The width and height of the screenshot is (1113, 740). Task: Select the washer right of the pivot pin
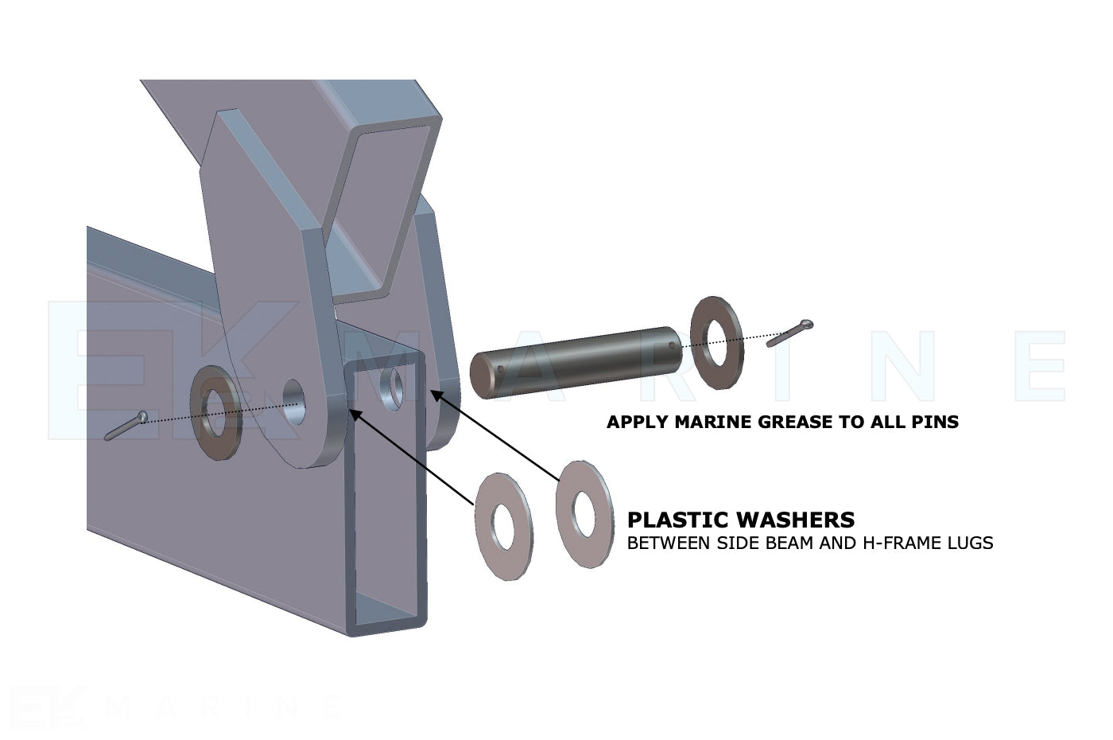click(716, 343)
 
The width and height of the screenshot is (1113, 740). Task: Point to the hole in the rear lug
click(391, 384)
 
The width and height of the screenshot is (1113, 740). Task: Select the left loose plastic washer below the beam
click(503, 526)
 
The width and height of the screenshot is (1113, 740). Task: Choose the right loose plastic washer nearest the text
click(584, 514)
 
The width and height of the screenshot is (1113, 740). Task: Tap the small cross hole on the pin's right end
click(672, 345)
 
